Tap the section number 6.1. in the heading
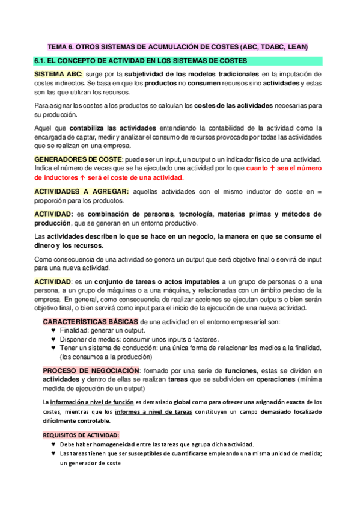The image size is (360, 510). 42,61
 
